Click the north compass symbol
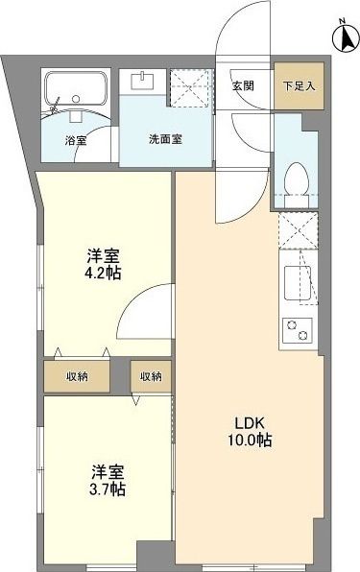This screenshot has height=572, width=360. point(343,36)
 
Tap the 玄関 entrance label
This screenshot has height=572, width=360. point(244,84)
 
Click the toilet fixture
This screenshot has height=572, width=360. point(295,179)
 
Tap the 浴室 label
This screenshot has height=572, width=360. point(76,141)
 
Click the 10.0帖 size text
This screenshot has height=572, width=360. point(247,441)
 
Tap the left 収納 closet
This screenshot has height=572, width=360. point(76,376)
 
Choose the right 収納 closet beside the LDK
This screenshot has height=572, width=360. point(152,376)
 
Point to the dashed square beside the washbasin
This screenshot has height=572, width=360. point(188,87)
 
